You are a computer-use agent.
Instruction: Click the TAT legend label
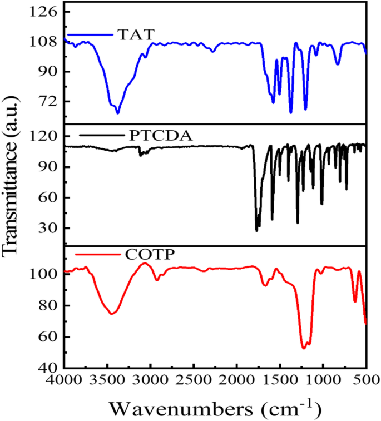tap(135, 34)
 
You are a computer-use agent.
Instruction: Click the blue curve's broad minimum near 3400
tap(117, 113)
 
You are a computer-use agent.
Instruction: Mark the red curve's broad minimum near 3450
tap(112, 314)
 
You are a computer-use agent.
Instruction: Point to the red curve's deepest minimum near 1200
tap(304, 349)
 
